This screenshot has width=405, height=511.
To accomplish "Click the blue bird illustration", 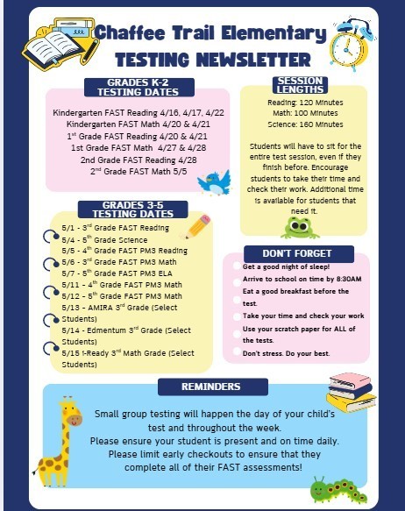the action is point(213,182).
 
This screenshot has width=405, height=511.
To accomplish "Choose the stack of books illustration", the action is point(351,392).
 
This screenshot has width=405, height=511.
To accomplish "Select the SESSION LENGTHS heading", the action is point(299,86).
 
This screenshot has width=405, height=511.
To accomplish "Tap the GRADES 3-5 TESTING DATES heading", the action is point(132,209).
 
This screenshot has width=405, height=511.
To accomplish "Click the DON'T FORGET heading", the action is point(296,252).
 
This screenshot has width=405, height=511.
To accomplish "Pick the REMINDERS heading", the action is point(211,387).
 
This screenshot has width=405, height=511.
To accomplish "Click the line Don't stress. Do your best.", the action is point(286,352).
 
